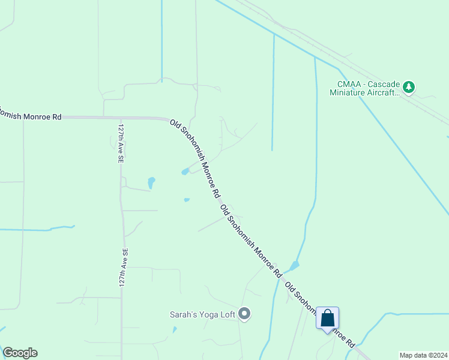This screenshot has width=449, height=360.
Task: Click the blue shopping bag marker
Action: point(327,318)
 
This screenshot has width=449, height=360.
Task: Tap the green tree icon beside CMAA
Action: point(409,87)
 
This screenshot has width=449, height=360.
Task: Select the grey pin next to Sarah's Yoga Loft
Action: point(244,313)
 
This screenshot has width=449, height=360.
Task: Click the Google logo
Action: point(20,353)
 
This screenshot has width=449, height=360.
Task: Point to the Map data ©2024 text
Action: point(423,355)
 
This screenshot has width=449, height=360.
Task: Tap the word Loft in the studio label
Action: point(228,314)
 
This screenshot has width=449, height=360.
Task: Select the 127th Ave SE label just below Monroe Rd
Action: point(121,144)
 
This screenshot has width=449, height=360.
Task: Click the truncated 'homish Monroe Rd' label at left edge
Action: point(30,115)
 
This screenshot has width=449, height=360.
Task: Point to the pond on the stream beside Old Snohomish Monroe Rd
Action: point(294,265)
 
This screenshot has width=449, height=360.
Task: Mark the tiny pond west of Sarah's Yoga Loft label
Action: point(175,329)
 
